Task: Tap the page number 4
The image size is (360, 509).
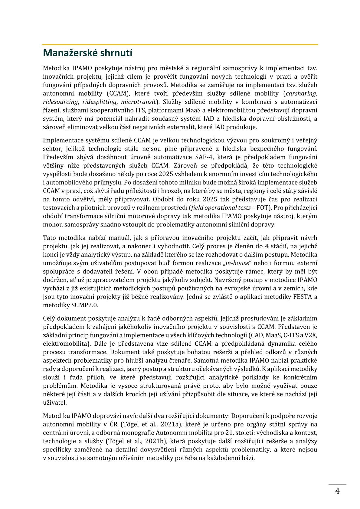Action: pos(337,491)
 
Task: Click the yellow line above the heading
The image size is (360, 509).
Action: pos(180,45)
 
